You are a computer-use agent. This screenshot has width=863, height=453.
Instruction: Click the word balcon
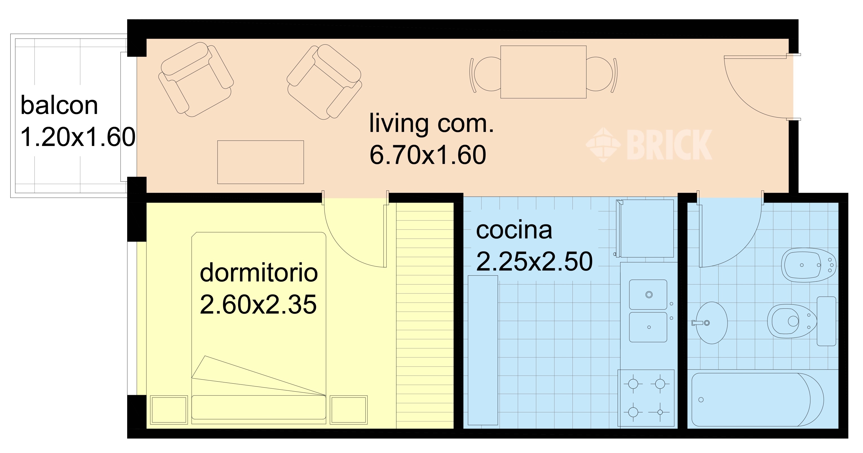(59, 105)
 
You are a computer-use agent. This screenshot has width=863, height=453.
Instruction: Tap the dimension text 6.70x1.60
(428, 155)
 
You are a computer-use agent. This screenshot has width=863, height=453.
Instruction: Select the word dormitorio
(259, 273)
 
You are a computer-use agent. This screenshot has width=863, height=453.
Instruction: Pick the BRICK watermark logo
(649, 145)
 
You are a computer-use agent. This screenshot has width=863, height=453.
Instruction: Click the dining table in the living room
(543, 72)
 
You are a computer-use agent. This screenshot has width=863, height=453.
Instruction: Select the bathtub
(758, 399)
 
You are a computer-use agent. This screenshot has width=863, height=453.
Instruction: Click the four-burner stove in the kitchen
(646, 398)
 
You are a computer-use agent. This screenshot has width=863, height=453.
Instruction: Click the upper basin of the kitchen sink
(648, 294)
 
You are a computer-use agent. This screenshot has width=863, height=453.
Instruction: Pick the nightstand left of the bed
(169, 410)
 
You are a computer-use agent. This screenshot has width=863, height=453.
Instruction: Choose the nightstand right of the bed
(349, 410)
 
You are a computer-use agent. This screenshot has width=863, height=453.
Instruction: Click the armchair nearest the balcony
(196, 79)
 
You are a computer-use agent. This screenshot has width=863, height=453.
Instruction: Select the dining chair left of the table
(486, 74)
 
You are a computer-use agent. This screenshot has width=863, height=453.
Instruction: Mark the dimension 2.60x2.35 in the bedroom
(258, 304)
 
